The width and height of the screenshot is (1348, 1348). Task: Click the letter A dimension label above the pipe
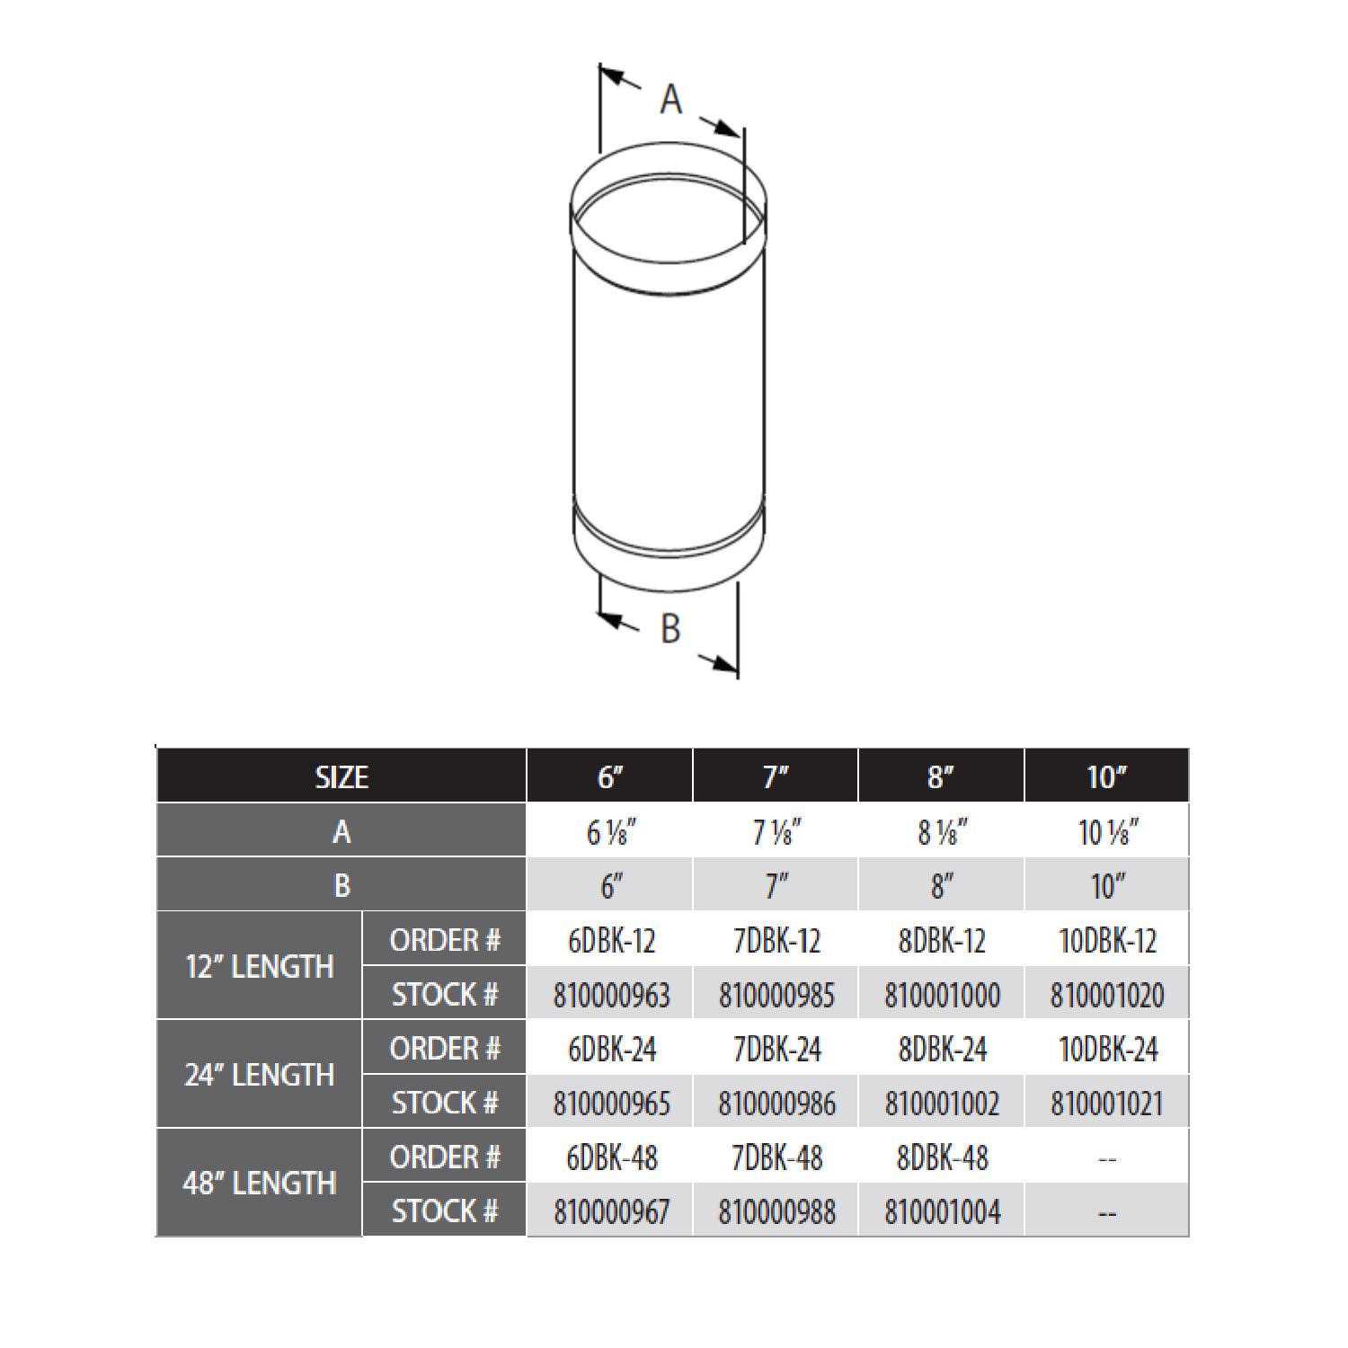click(x=670, y=99)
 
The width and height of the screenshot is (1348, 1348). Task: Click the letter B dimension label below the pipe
click(x=670, y=629)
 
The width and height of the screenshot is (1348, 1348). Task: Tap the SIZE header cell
click(x=341, y=776)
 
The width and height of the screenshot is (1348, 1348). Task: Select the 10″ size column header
click(x=1106, y=776)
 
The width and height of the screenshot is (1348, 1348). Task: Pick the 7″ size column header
click(x=776, y=776)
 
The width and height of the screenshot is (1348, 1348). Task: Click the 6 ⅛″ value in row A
click(x=611, y=832)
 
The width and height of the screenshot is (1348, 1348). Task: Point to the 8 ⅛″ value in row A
click(x=942, y=832)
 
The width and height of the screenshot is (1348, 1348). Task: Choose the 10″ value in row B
click(x=1106, y=886)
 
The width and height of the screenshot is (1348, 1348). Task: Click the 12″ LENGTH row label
click(x=260, y=967)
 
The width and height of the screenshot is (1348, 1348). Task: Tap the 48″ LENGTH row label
click(x=260, y=1183)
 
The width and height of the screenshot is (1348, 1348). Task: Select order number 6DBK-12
click(x=611, y=941)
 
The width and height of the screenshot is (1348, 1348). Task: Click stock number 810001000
click(x=942, y=995)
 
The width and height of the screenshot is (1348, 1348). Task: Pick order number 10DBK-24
click(x=1107, y=1049)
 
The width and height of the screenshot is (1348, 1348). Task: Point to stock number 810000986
click(x=776, y=1104)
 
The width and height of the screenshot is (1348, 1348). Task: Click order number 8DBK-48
click(x=942, y=1157)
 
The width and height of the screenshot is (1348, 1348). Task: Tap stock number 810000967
click(x=611, y=1211)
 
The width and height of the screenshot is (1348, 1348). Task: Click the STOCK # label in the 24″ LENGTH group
click(x=444, y=1103)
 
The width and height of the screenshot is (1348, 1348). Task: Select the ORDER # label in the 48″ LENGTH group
click(x=444, y=1157)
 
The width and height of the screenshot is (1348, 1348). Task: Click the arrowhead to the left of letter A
click(x=612, y=76)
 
